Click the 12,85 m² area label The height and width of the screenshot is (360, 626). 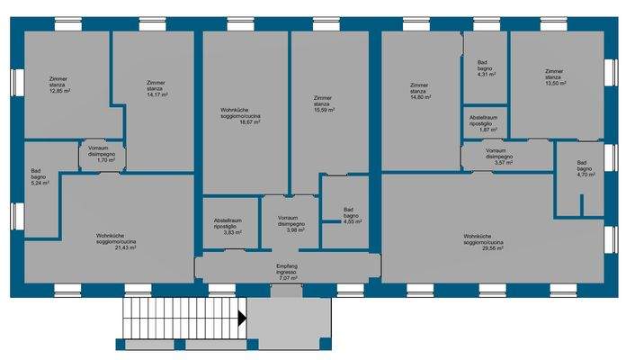coord(59,85)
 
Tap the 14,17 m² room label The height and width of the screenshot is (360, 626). coord(156,89)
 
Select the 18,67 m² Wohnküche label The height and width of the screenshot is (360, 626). coord(240,116)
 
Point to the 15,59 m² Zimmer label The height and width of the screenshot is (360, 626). coord(324,103)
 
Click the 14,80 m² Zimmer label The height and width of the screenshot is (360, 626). coord(420,91)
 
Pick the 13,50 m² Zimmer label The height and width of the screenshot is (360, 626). coord(555,77)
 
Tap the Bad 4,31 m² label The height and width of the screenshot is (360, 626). coord(487,68)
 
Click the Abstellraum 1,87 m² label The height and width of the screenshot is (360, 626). coord(484,124)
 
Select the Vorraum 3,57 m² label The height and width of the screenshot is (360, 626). coord(499,157)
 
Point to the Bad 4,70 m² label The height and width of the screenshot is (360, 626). coord(586,168)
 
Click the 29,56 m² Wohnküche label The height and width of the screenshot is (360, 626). coord(483,242)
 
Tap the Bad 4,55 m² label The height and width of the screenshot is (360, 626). coord(353,215)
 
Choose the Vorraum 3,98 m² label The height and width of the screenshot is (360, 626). coord(291,224)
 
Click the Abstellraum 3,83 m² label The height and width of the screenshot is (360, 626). coord(228,226)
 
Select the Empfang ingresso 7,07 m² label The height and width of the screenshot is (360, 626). coord(287,272)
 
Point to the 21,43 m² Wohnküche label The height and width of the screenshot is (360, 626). coord(116,242)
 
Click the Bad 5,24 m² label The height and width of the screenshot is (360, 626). coord(40,176)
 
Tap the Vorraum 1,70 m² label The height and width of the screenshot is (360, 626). coord(102,154)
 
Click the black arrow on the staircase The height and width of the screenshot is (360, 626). coord(242,319)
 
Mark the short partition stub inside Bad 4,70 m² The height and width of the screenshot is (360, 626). coord(582,206)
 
